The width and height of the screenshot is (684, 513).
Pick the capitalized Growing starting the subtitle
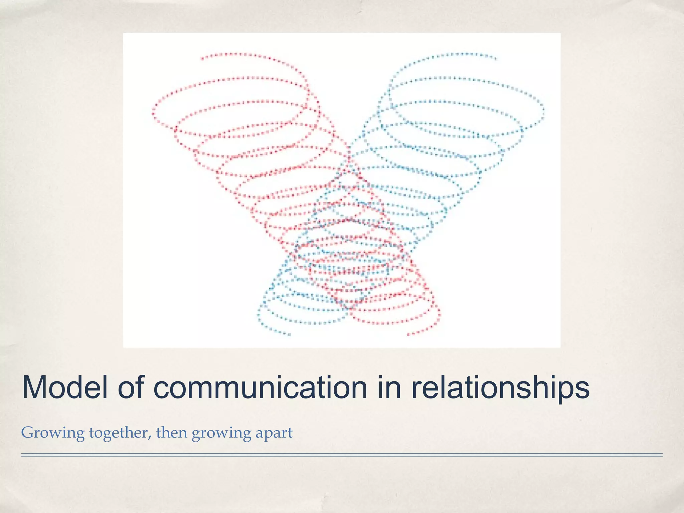[x=53, y=434]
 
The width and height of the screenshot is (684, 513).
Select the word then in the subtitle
[x=172, y=433]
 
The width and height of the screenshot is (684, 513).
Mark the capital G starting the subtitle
[x=28, y=433]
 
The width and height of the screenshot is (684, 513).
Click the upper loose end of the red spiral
[x=202, y=59]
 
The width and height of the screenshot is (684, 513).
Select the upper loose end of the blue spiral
[x=496, y=59]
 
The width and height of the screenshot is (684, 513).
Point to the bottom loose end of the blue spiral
[x=289, y=334]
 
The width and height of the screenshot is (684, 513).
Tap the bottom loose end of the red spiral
[x=408, y=334]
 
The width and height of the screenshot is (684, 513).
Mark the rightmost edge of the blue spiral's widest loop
[x=543, y=110]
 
